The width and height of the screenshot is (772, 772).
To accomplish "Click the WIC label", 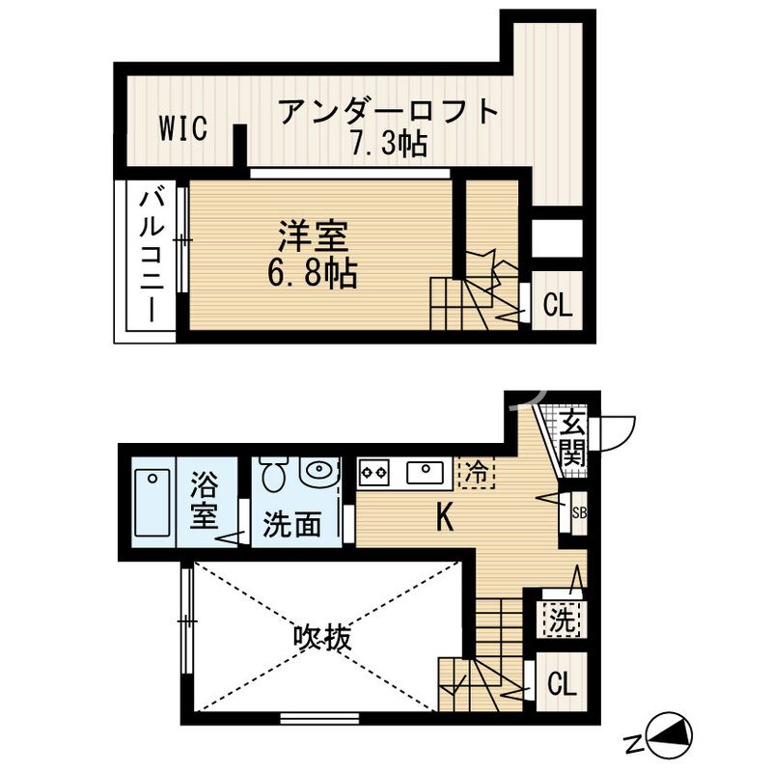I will (182, 129).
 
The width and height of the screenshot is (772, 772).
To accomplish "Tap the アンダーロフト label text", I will (389, 112).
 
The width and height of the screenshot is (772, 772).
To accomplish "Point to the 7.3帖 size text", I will (389, 146).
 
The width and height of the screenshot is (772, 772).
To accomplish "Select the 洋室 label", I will (314, 237).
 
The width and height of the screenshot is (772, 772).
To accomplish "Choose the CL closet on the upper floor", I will (558, 306).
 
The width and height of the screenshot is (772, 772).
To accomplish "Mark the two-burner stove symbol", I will (373, 473).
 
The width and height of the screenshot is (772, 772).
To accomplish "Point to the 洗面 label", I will (292, 526).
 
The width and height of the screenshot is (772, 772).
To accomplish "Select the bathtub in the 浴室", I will (152, 504).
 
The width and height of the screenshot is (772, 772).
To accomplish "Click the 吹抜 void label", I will (322, 637).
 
